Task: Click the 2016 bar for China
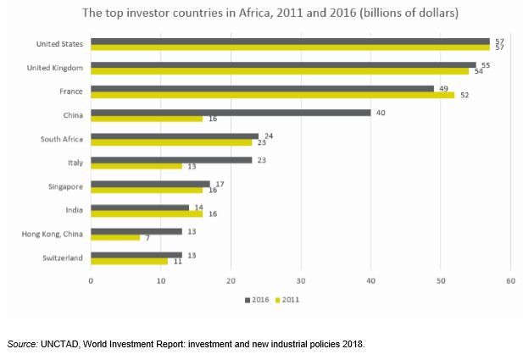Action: click(231, 112)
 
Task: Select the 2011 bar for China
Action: click(146, 119)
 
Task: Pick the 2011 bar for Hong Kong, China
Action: click(114, 237)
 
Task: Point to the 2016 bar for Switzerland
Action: click(136, 254)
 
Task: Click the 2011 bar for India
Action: click(146, 213)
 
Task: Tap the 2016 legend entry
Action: click(259, 299)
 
